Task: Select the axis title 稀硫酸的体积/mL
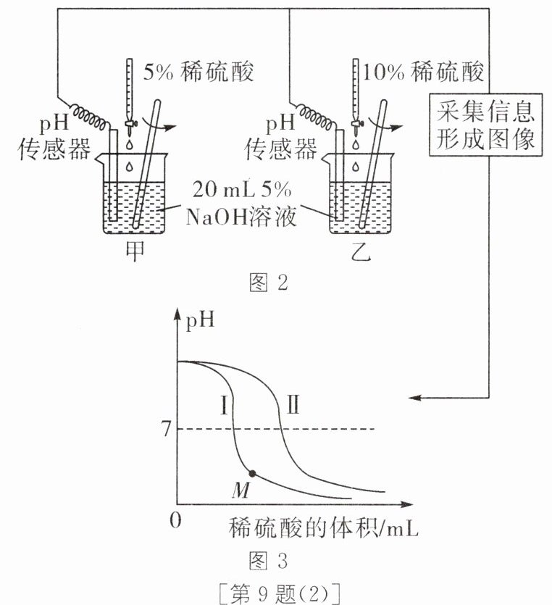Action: (325, 528)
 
